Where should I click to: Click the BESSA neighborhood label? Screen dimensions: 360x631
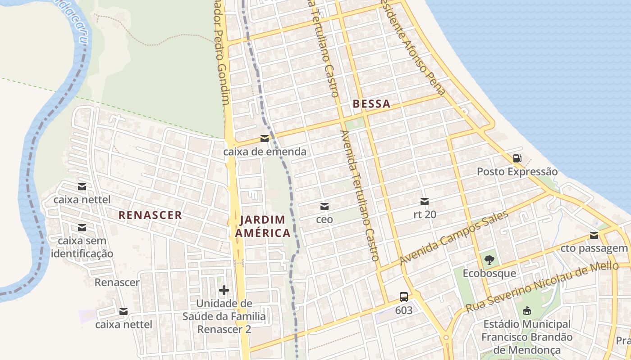pyautogui.click(x=371, y=104)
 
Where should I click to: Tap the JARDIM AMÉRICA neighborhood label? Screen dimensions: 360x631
pyautogui.click(x=263, y=226)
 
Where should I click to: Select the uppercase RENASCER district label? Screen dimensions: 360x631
pyautogui.click(x=150, y=215)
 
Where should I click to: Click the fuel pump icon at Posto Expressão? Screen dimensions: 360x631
pyautogui.click(x=517, y=158)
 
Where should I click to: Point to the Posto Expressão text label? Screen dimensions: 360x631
pyautogui.click(x=517, y=172)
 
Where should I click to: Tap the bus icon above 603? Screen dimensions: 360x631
pyautogui.click(x=403, y=297)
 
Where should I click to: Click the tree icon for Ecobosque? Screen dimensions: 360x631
pyautogui.click(x=489, y=260)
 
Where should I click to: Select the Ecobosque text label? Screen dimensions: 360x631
pyautogui.click(x=489, y=274)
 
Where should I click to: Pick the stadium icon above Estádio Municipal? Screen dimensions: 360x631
pyautogui.click(x=526, y=310)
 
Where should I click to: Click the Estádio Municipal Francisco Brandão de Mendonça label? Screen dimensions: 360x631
pyautogui.click(x=527, y=337)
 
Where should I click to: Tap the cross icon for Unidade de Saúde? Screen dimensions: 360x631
pyautogui.click(x=224, y=290)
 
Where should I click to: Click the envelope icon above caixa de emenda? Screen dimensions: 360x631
pyautogui.click(x=265, y=139)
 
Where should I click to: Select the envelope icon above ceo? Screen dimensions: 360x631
pyautogui.click(x=324, y=207)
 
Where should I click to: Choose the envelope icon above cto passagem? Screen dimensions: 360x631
pyautogui.click(x=594, y=235)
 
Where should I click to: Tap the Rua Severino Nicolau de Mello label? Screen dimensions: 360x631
pyautogui.click(x=542, y=287)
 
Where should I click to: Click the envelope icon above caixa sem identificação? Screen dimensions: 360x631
pyautogui.click(x=82, y=228)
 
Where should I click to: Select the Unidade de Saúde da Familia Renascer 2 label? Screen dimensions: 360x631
pyautogui.click(x=224, y=316)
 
